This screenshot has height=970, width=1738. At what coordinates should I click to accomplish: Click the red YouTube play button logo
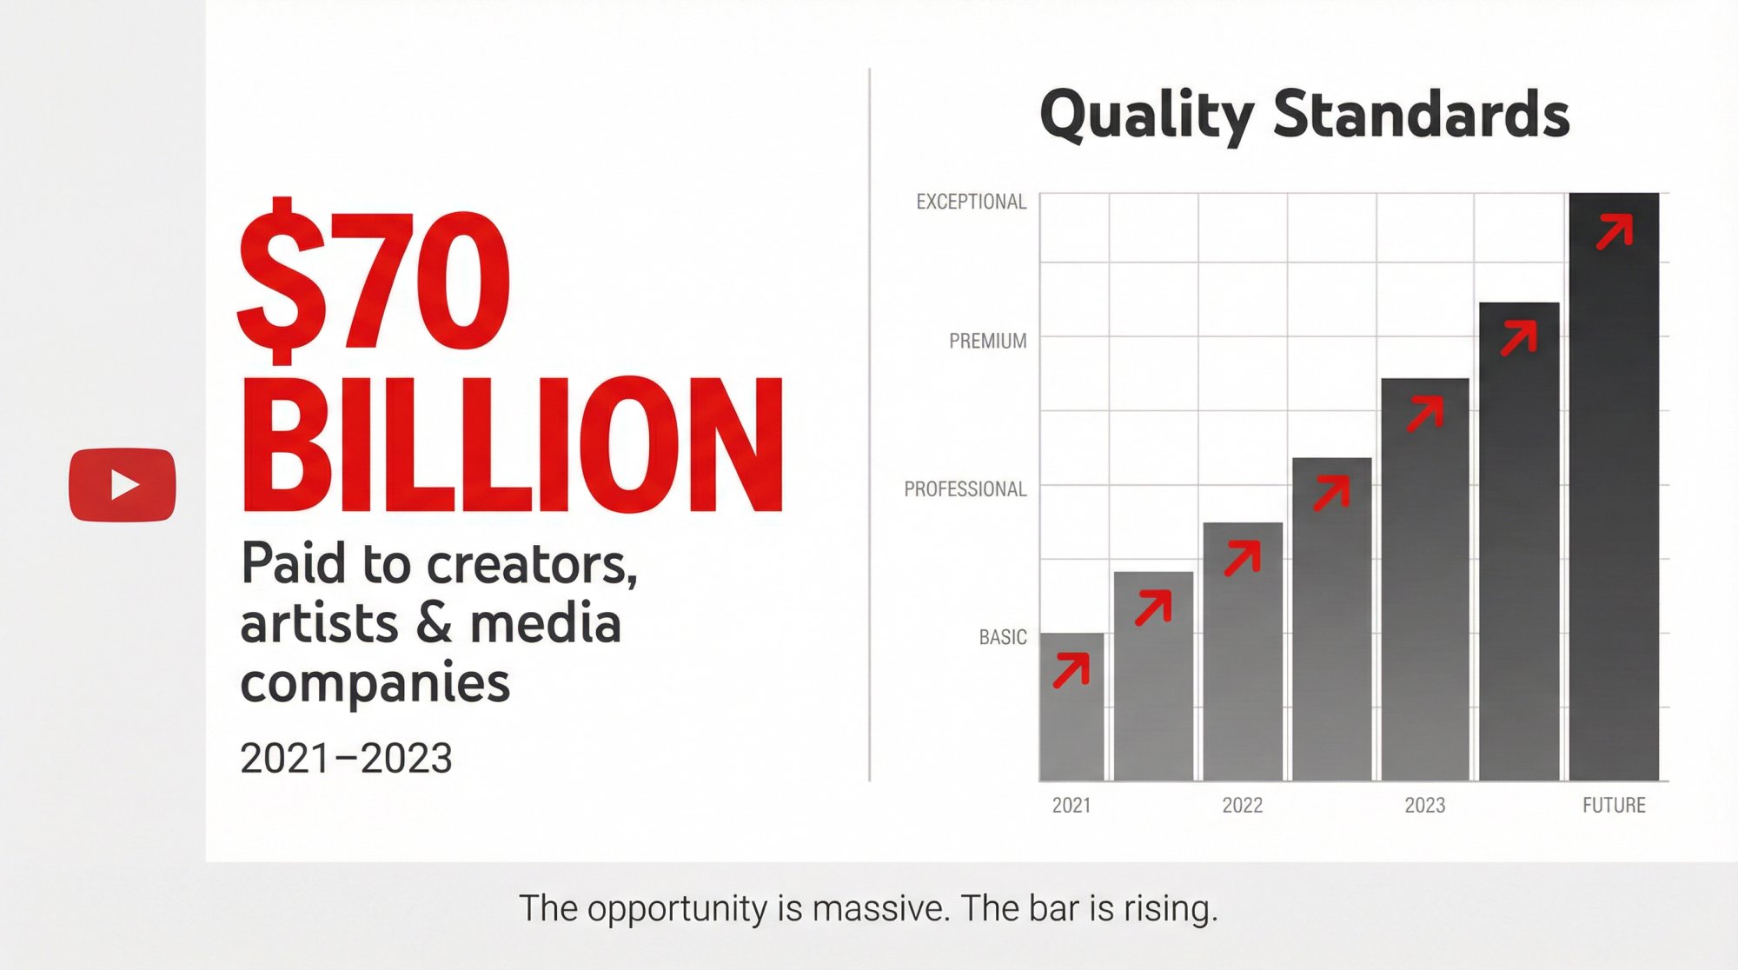pyautogui.click(x=123, y=485)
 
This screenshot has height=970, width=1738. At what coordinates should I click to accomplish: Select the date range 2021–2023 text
pyautogui.click(x=346, y=758)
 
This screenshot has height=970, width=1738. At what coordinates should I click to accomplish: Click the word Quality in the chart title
pyautogui.click(x=1146, y=116)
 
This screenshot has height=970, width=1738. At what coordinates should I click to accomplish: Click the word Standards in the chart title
pyautogui.click(x=1421, y=114)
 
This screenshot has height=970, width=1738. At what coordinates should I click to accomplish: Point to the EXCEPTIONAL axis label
pyautogui.click(x=971, y=202)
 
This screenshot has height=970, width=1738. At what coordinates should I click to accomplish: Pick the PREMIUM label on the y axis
pyautogui.click(x=987, y=341)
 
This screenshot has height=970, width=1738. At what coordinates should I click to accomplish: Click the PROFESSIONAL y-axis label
pyautogui.click(x=965, y=489)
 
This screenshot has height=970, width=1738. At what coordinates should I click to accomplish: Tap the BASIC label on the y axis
pyautogui.click(x=1002, y=637)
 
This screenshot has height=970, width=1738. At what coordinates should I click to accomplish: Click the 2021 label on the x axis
pyautogui.click(x=1071, y=805)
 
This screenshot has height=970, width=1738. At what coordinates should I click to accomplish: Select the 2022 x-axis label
pyautogui.click(x=1242, y=805)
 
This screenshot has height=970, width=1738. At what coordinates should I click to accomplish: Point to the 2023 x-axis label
pyautogui.click(x=1424, y=805)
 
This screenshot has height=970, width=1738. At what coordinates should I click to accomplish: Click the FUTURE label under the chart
pyautogui.click(x=1613, y=805)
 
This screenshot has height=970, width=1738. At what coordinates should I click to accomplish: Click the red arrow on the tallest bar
pyautogui.click(x=1615, y=233)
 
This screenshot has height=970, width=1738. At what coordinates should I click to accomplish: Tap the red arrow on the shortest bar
pyautogui.click(x=1071, y=671)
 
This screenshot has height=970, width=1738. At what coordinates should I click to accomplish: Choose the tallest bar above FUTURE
pyautogui.click(x=1614, y=522)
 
